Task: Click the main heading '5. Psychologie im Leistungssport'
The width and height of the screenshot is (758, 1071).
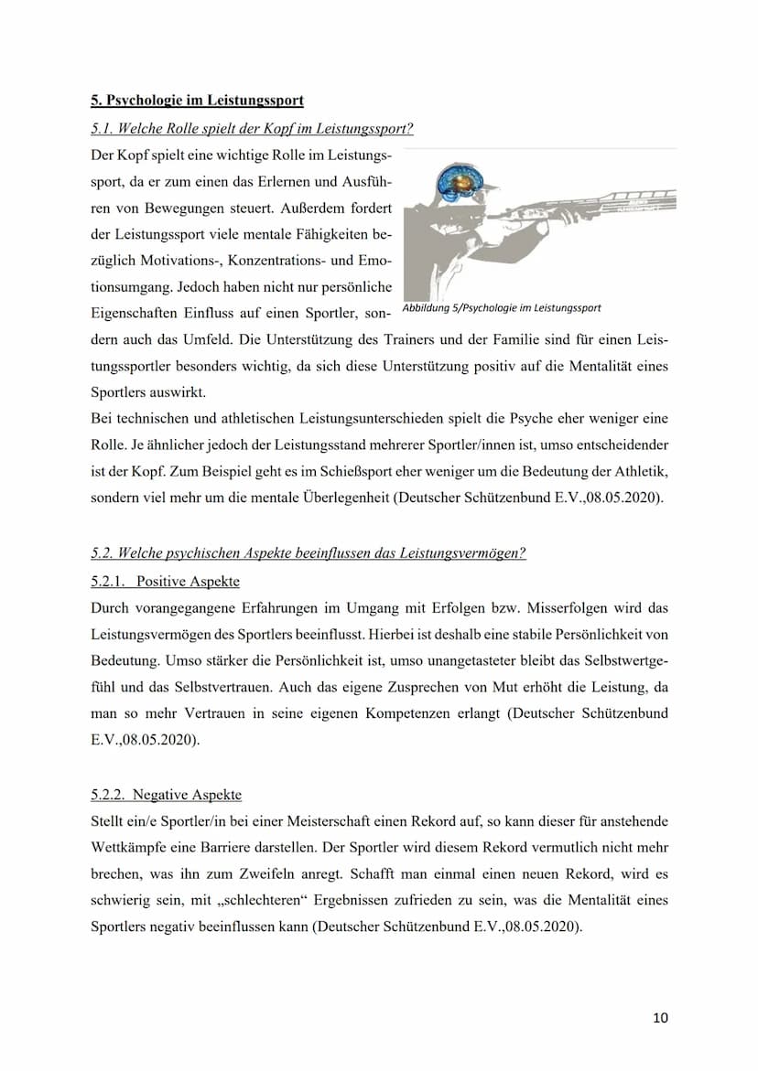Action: pyautogui.click(x=197, y=100)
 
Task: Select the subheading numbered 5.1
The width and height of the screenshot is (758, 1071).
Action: pyautogui.click(x=252, y=128)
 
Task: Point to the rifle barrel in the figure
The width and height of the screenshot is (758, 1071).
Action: pyautogui.click(x=632, y=195)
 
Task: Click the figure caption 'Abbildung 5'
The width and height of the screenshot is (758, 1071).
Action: pyautogui.click(x=502, y=308)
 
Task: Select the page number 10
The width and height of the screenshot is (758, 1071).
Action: pyautogui.click(x=660, y=1018)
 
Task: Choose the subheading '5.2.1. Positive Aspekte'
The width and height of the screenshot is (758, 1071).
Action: pyautogui.click(x=165, y=581)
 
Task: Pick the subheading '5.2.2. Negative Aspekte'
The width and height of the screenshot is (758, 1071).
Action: pyautogui.click(x=167, y=794)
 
